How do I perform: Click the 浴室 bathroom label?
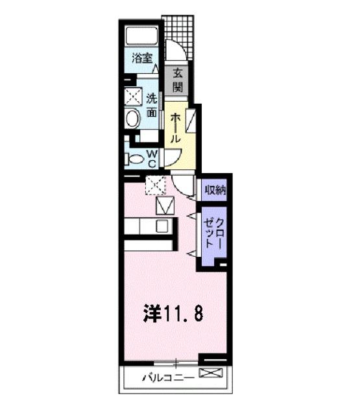[x=142, y=58]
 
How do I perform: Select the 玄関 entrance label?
[x=177, y=80]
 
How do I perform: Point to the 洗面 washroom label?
[x=151, y=105]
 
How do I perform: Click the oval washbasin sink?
[x=133, y=119]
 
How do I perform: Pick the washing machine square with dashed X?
[x=133, y=98]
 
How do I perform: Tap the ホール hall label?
[x=175, y=128]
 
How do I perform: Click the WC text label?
[x=151, y=158]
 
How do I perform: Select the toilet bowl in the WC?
[x=134, y=158]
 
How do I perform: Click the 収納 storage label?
[x=215, y=191]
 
